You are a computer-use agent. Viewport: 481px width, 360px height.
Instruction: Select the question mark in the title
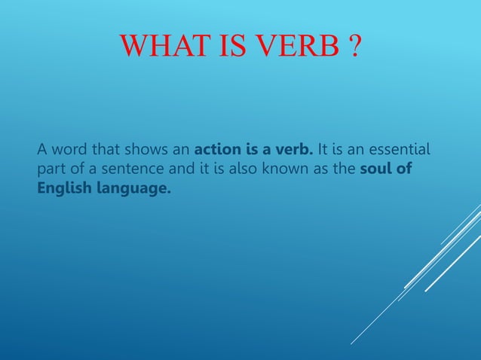(353, 48)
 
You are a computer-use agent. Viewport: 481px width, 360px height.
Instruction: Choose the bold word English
(62, 188)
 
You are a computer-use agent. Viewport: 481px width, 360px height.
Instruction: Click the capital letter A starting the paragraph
(42, 146)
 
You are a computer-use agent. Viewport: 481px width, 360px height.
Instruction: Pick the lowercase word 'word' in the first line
(68, 146)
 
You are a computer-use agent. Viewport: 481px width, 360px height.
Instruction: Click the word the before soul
(345, 167)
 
